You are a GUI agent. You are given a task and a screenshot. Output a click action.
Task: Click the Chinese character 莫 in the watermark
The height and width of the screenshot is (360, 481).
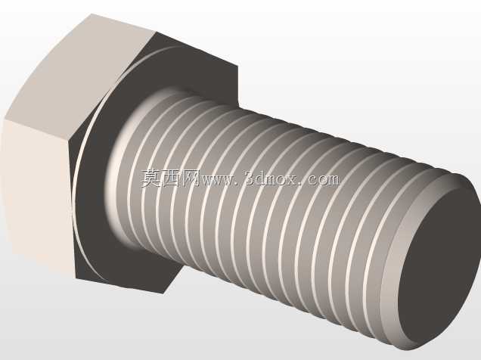[x=151, y=178]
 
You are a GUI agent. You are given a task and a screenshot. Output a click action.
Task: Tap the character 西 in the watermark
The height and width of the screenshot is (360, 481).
[x=172, y=178]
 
